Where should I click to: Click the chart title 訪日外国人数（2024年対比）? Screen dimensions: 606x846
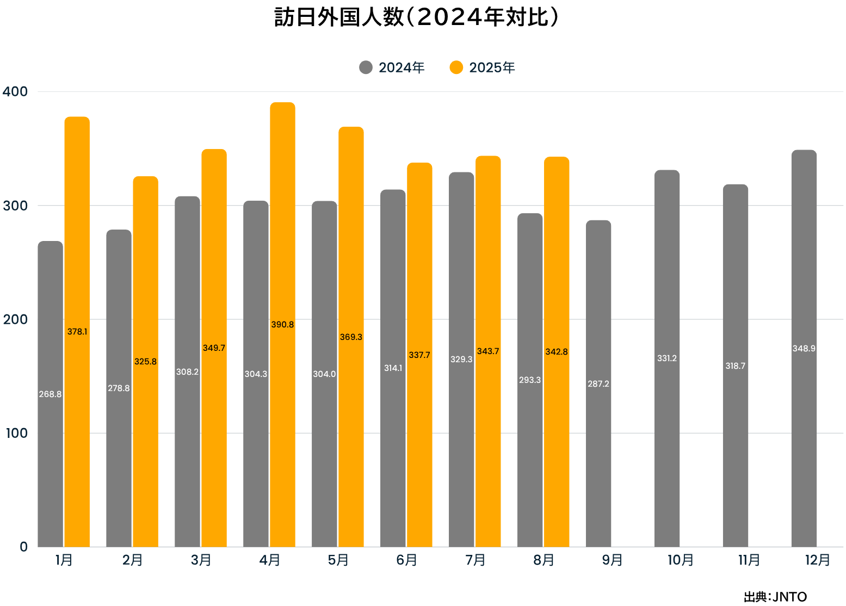click(x=416, y=17)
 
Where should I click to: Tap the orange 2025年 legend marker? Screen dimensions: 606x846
click(x=456, y=67)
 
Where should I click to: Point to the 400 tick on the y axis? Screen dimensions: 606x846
click(x=15, y=91)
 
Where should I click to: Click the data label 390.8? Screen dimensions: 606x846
click(x=282, y=325)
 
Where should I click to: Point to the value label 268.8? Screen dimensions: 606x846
click(x=50, y=394)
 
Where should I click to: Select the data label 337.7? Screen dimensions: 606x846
click(x=419, y=355)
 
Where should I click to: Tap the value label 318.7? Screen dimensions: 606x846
click(x=735, y=366)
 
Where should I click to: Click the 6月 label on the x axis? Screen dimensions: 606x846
click(x=406, y=560)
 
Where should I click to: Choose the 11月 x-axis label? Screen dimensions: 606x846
click(x=749, y=560)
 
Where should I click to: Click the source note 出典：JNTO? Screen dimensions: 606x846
click(x=775, y=597)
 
